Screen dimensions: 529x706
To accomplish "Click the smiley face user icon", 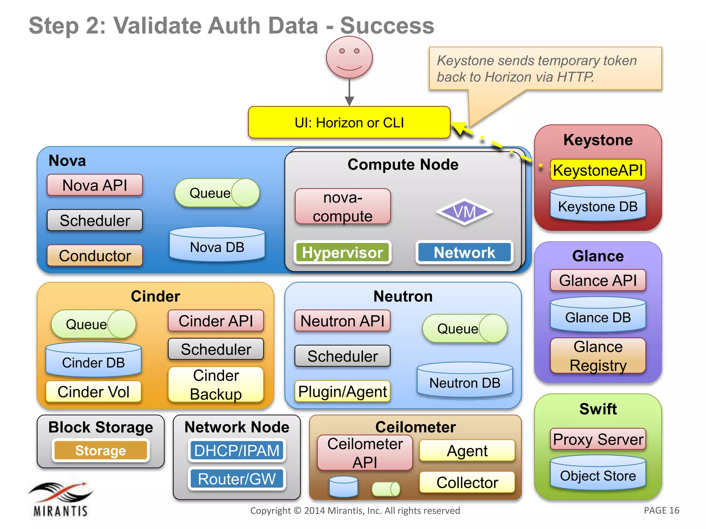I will (349, 58).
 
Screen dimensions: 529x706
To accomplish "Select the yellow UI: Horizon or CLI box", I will (349, 123).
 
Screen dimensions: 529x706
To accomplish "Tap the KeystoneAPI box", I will (598, 170).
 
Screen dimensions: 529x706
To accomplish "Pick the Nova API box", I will (95, 185).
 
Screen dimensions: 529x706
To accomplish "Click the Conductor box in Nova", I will (95, 256).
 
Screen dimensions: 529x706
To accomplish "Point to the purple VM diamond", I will (464, 212).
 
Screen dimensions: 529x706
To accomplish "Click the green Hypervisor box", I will (342, 252).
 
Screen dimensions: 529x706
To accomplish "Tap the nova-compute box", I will (343, 207).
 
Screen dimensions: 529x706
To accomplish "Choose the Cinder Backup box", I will (216, 385).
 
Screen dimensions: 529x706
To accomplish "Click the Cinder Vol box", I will (93, 392).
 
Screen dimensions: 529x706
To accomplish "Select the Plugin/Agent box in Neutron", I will (342, 392).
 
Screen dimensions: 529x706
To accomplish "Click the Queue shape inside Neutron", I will (464, 329).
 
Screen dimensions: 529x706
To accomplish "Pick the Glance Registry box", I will (598, 356).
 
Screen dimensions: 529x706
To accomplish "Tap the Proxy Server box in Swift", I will (598, 439).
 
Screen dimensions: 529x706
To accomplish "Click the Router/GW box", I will (237, 479).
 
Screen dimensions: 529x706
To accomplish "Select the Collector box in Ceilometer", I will (467, 482).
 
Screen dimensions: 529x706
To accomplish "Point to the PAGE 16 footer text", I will (661, 510).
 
